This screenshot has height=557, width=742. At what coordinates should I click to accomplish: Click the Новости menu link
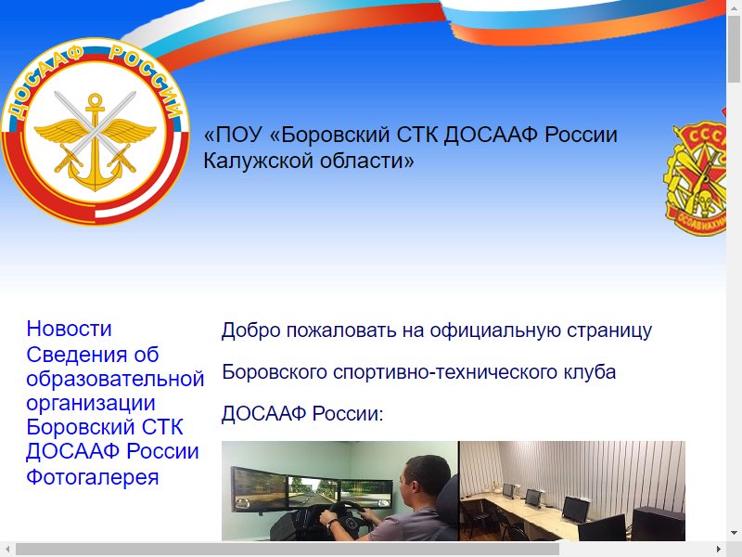(x=69, y=329)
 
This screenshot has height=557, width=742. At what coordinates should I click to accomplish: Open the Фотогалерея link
(x=92, y=477)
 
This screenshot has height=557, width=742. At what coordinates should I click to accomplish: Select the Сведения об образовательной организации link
(x=115, y=379)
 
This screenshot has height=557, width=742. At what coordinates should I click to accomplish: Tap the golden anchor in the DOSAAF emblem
(x=96, y=142)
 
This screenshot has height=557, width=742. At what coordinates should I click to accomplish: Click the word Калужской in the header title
(x=258, y=161)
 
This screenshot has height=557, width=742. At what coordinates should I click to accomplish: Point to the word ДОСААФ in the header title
(x=491, y=135)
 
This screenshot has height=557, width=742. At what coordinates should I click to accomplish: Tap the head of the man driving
(x=425, y=477)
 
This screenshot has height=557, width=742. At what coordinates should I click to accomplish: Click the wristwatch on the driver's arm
(x=333, y=524)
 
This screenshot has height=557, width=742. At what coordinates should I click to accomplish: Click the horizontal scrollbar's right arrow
(x=718, y=550)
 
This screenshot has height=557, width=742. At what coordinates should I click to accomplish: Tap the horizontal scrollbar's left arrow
(x=7, y=550)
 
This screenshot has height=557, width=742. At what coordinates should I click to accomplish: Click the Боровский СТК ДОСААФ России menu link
(x=112, y=439)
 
